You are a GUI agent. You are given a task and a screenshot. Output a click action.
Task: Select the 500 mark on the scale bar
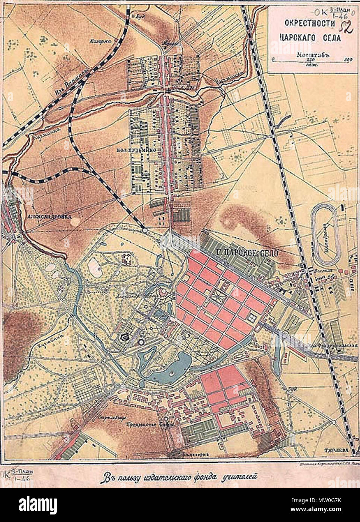(x=347, y=59)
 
